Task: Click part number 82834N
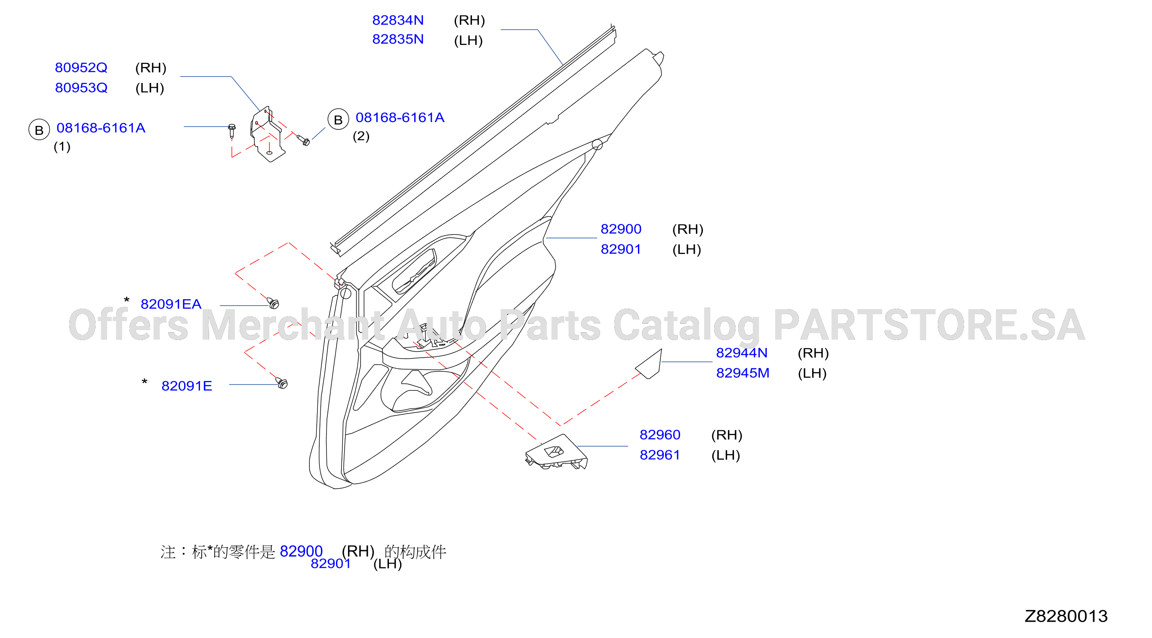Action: click(x=397, y=20)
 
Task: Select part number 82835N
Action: click(x=397, y=40)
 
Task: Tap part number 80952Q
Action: click(x=81, y=67)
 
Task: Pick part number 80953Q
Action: click(x=81, y=88)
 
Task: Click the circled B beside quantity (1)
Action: click(x=39, y=130)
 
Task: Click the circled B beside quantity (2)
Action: click(x=338, y=120)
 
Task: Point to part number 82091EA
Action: click(x=171, y=304)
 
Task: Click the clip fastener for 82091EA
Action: click(x=273, y=303)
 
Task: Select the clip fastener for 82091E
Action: click(x=282, y=383)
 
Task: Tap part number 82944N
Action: click(x=742, y=353)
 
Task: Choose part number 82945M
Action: click(x=742, y=373)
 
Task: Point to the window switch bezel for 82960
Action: click(x=556, y=452)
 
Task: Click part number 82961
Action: click(x=659, y=455)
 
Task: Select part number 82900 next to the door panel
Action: click(x=621, y=229)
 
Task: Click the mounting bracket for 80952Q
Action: click(x=268, y=134)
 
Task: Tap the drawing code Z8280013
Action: click(x=1066, y=616)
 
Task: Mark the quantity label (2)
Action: click(x=361, y=136)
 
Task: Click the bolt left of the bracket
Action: click(x=232, y=131)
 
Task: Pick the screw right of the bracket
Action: click(x=303, y=141)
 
